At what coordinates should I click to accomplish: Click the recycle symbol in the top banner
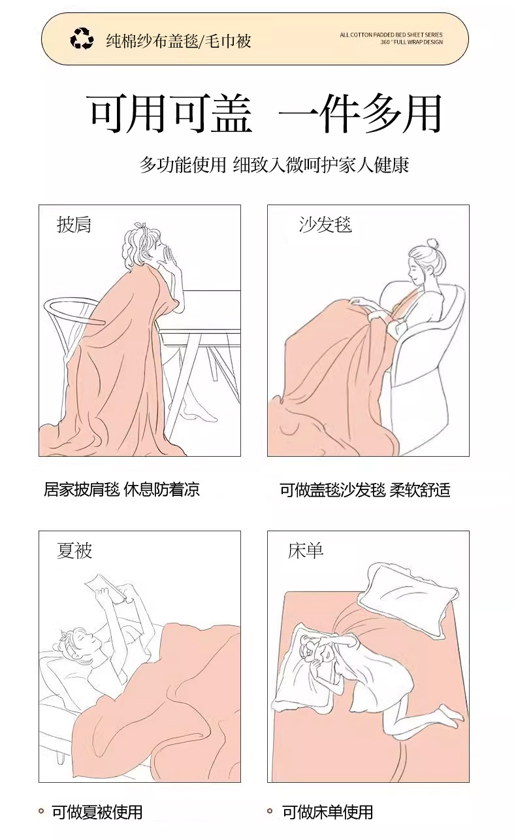pos(82,39)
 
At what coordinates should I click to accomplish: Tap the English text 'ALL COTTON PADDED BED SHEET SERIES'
pos(391,35)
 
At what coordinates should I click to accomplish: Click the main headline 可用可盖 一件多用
pos(265,114)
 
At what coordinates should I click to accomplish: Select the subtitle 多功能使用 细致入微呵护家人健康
pos(274,165)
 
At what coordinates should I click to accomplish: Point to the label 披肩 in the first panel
pos(74,225)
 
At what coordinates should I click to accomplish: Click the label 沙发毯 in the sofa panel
pos(325,225)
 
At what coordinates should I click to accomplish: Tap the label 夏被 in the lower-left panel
pos(74,551)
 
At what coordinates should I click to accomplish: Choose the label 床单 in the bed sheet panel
pos(305,551)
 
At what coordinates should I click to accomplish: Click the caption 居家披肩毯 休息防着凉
pos(121,489)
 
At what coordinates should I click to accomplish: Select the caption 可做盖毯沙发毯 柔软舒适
pos(364,489)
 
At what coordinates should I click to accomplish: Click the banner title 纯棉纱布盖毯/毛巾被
pos(178,41)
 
